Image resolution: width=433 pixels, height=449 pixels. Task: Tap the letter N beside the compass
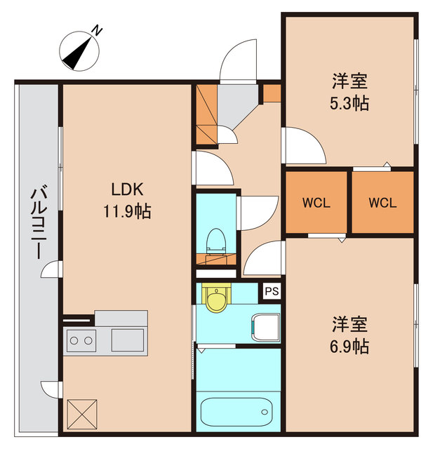point(98,30)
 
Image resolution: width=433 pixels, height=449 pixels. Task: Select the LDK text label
point(127,189)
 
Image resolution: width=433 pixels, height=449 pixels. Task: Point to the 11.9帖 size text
point(127,210)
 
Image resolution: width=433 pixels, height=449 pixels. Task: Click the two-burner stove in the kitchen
point(80,341)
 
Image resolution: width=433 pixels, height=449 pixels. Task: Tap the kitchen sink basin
point(127,340)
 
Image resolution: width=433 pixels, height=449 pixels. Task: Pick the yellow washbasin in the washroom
point(215,295)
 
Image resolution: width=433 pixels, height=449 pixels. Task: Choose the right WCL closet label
point(383,203)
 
